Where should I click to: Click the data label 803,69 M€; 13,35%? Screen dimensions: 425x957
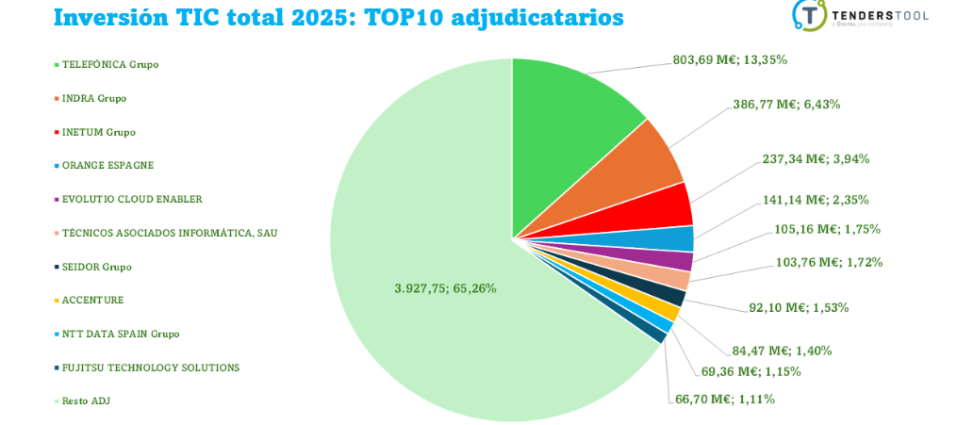730,59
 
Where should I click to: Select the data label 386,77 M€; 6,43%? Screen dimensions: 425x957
785,104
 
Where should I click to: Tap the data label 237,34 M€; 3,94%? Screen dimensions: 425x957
816,158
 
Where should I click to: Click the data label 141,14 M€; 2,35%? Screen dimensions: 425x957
816,200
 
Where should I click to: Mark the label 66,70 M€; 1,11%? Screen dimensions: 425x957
724,399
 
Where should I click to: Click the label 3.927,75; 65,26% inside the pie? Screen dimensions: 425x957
445,287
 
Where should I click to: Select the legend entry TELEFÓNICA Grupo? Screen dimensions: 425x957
109,65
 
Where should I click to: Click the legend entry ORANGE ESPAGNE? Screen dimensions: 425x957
107,166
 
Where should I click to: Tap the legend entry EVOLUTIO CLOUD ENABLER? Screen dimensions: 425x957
132,199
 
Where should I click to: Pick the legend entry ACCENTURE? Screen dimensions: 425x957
92,300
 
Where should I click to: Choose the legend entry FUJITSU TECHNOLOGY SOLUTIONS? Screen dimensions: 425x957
151,368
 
